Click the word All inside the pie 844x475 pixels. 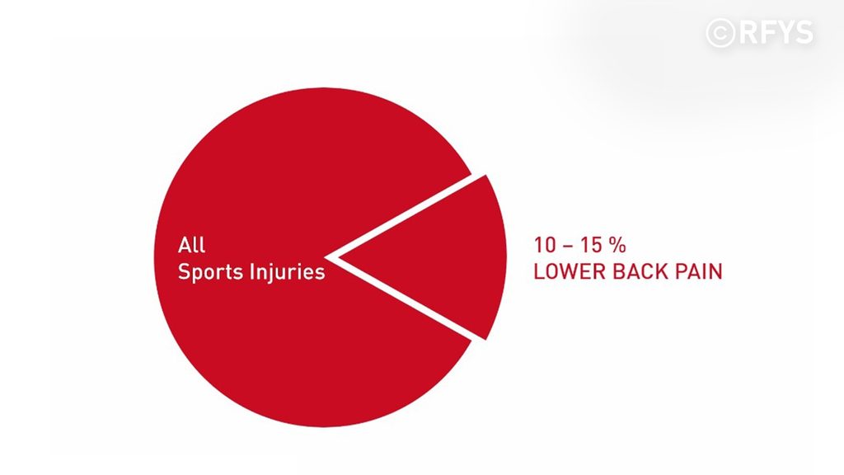pos(191,245)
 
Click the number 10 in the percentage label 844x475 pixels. pos(544,245)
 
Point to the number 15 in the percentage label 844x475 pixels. pos(591,245)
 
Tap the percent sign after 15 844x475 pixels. pos(617,245)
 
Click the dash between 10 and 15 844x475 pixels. pos(568,246)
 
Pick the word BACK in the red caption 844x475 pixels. pos(641,271)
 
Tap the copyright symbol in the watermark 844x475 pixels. pos(720,33)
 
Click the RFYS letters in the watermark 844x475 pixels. pos(776,33)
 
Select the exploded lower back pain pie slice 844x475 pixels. pos(442,257)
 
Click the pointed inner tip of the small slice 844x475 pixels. pos(340,257)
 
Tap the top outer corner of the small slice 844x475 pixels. pos(485,176)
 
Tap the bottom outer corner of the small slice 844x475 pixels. pos(485,339)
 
